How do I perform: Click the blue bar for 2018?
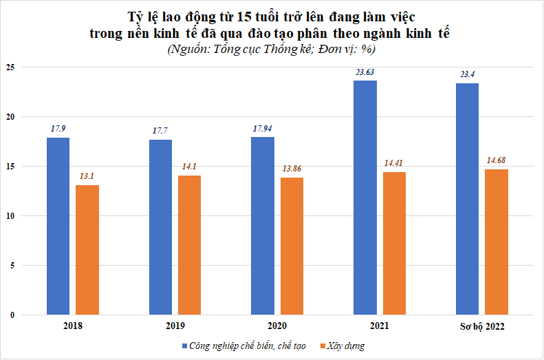(x=58, y=226)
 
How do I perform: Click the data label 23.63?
(x=365, y=72)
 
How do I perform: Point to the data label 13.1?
(x=87, y=176)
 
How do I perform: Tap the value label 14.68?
(x=497, y=160)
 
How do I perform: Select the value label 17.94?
(x=263, y=128)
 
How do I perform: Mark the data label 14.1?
(x=189, y=166)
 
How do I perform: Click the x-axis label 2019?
(x=175, y=326)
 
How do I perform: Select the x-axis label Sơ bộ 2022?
(x=481, y=326)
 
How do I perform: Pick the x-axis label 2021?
(x=380, y=326)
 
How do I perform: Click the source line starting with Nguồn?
(x=272, y=49)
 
